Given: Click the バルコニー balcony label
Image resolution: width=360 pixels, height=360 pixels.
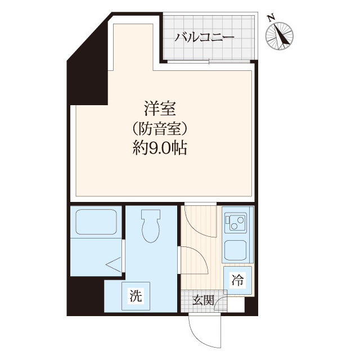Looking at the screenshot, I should tap(204, 38).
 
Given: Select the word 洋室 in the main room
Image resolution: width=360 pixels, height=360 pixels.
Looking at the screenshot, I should tap(157, 107).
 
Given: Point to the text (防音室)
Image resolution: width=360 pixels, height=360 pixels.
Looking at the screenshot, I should tap(157, 128).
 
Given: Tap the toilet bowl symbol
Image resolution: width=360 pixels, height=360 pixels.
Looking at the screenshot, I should tap(151, 226).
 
